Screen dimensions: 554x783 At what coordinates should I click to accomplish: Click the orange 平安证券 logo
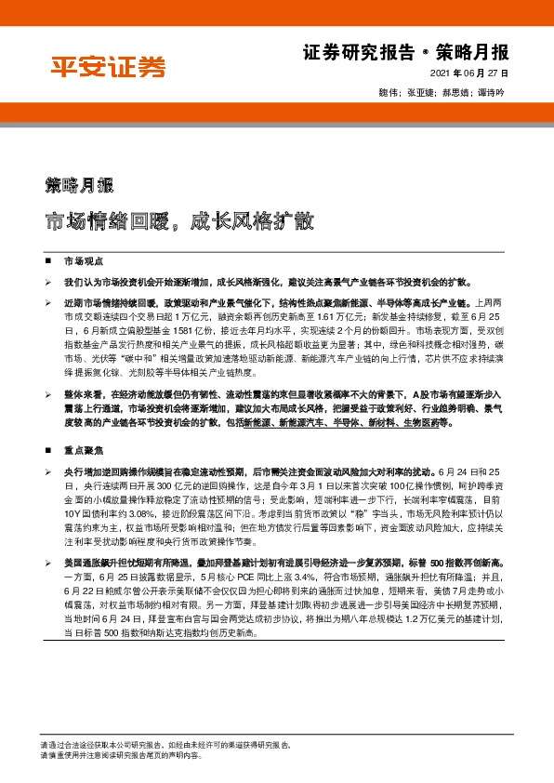[x=107, y=66]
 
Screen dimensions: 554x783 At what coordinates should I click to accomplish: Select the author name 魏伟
[x=390, y=92]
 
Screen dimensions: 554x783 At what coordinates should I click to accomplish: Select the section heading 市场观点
[x=82, y=262]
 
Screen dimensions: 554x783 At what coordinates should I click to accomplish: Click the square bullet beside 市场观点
[x=48, y=262]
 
